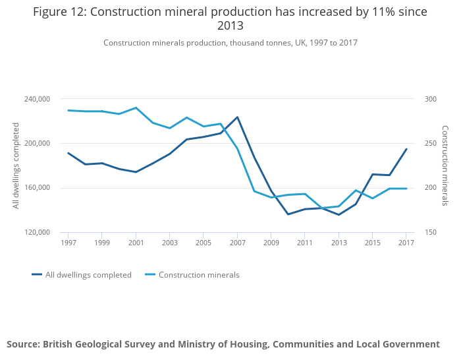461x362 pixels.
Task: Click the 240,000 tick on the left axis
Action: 37,99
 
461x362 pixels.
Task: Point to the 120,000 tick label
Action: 37,232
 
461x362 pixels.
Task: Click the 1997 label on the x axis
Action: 68,243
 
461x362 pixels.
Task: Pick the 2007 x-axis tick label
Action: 237,243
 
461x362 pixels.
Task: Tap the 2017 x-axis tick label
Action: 406,243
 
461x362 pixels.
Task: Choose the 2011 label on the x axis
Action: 305,243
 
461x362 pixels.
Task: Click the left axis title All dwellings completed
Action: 16,166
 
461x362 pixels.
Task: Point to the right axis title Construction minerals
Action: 445,166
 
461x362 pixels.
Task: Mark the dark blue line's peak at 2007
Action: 237,117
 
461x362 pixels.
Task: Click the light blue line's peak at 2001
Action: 136,107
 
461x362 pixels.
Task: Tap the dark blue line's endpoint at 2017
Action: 406,149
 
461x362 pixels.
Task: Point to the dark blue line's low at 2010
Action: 288,214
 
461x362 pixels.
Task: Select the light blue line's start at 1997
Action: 68,110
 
